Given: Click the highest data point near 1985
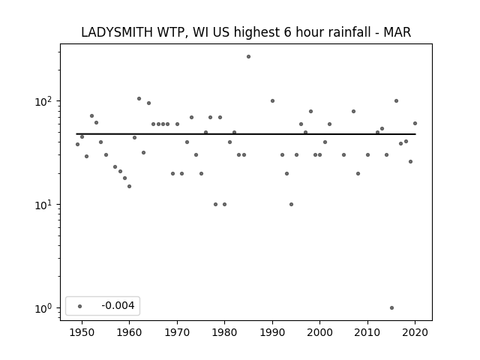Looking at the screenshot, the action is tap(248, 57).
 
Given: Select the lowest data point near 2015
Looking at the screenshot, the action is tap(391, 308).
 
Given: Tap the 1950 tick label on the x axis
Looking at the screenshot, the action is tap(82, 332).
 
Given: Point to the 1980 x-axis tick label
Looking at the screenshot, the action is tap(225, 332).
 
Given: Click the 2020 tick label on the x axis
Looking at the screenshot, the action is tap(415, 332).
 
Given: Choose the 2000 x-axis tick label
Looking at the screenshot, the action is tap(320, 332).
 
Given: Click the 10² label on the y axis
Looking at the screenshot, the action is tap(43, 101).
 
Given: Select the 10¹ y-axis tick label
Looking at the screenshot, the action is tap(43, 205).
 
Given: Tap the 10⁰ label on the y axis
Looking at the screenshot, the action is tap(43, 308).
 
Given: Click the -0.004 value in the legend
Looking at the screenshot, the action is tap(118, 305).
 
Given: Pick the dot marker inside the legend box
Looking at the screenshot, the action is tap(80, 306).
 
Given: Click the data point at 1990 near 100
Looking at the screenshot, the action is tap(272, 101).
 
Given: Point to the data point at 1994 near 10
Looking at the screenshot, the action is tap(292, 205).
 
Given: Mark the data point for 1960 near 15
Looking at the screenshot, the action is tap(130, 187).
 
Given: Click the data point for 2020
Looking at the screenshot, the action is tap(415, 123).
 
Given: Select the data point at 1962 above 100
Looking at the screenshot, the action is tap(139, 98).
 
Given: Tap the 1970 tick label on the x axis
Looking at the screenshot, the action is tap(177, 332).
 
